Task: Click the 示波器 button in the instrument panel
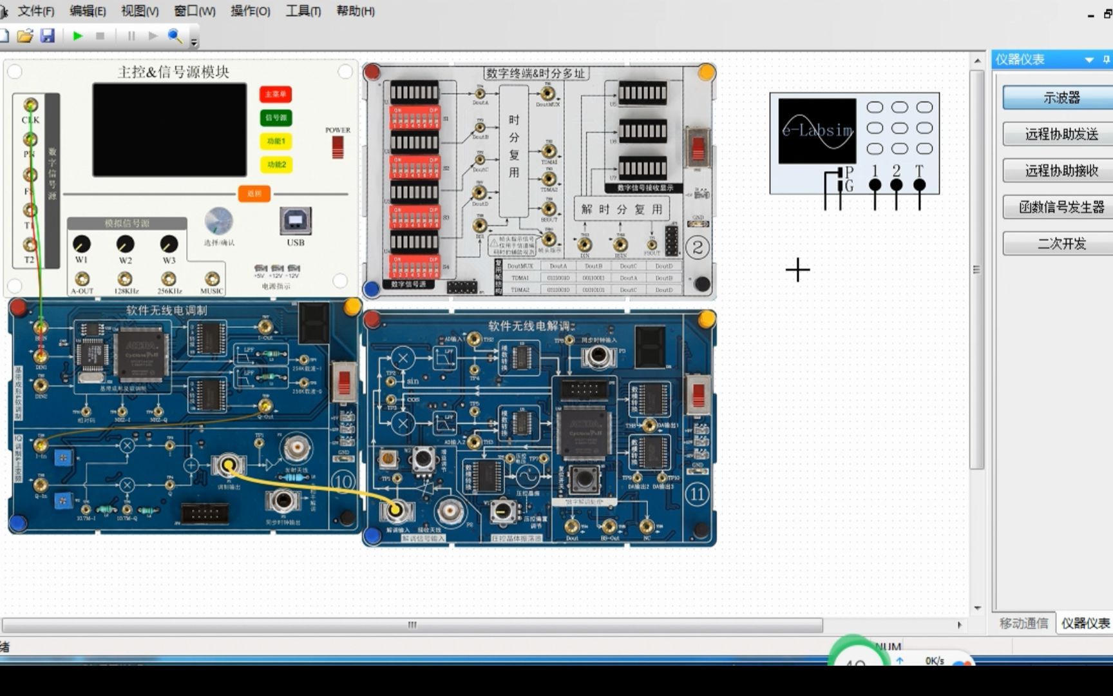(x=1061, y=98)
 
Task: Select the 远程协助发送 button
(x=1061, y=134)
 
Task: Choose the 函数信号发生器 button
(x=1061, y=207)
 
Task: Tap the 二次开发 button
(x=1061, y=244)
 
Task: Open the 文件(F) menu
(x=35, y=11)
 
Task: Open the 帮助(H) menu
(x=355, y=11)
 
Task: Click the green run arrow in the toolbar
(x=78, y=36)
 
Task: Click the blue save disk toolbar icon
(x=48, y=36)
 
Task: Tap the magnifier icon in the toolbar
(x=175, y=36)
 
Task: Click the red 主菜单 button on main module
(x=276, y=94)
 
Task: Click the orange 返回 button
(x=254, y=193)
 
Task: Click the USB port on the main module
(x=296, y=221)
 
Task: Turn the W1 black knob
(x=81, y=244)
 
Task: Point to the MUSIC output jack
(x=211, y=278)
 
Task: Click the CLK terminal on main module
(x=30, y=105)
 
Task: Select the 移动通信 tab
(x=1023, y=623)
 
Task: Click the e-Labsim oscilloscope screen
(x=817, y=131)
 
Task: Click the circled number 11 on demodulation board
(x=697, y=494)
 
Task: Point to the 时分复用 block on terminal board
(x=513, y=147)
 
